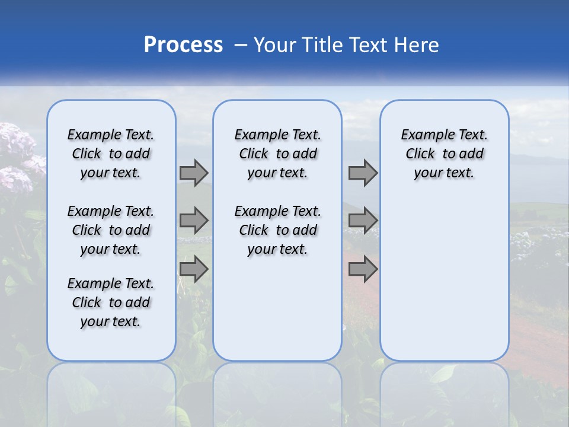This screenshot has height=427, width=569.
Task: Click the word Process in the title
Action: point(183,44)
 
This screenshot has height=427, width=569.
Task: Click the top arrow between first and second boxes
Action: point(194,173)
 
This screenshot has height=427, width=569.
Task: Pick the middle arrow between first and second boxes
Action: point(194,221)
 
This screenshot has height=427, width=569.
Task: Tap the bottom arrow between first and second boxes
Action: point(194,269)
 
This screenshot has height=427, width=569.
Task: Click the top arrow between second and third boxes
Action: point(363,173)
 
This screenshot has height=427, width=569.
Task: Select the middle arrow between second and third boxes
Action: point(363,221)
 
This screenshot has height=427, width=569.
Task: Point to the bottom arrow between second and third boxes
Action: point(363,269)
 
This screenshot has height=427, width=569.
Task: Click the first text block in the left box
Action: point(111,154)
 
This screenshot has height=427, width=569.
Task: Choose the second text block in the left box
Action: point(111,230)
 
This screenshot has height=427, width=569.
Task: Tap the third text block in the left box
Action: point(111,302)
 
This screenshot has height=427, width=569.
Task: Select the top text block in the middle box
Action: point(277,154)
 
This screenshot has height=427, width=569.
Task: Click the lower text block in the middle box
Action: point(277,230)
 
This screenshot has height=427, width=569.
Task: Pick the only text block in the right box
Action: point(445,154)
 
